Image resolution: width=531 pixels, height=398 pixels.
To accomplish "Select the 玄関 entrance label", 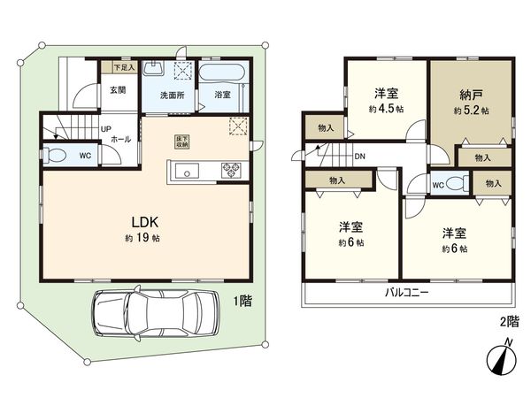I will click(x=117, y=89).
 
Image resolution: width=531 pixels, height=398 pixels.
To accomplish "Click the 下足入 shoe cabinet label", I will click(x=123, y=67).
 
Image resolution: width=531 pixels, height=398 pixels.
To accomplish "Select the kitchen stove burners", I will click(x=233, y=170).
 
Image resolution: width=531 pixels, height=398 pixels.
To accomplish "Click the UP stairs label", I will click(x=106, y=129).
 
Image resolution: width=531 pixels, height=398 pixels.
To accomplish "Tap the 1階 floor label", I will click(x=242, y=301).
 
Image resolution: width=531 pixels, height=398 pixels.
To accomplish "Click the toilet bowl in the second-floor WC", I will click(x=456, y=184).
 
